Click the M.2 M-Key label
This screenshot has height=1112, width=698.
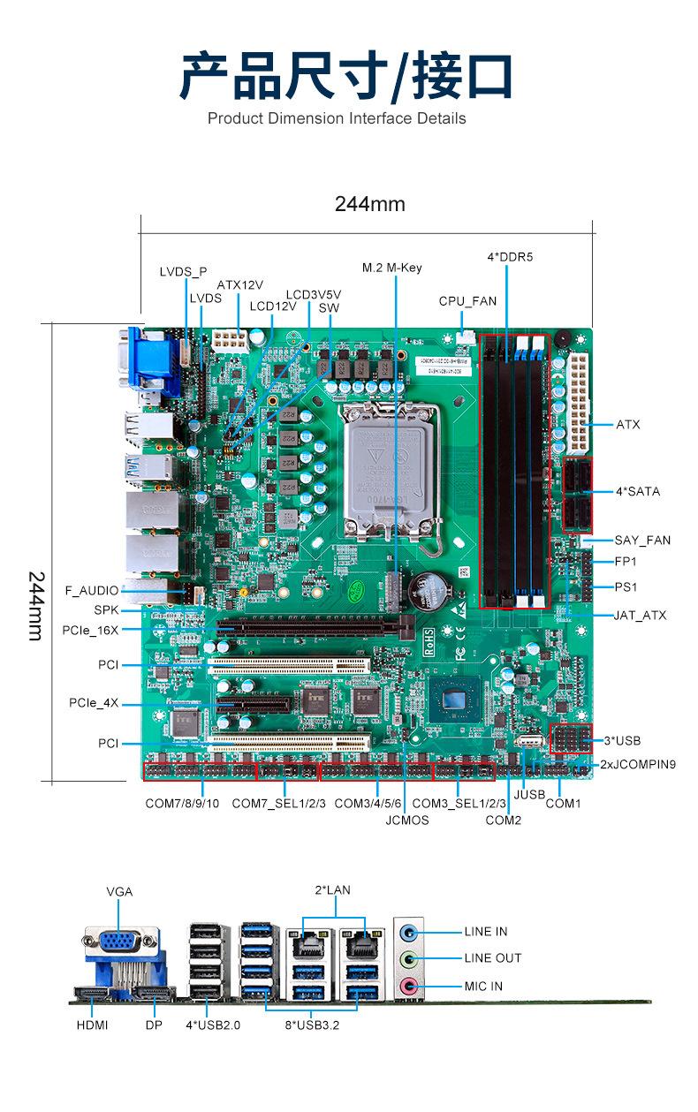391,269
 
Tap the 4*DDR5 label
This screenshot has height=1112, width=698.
510,257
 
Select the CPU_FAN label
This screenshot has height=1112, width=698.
467,301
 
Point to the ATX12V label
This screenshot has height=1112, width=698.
239,285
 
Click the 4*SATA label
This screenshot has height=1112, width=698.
638,491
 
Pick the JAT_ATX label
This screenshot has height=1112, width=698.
640,616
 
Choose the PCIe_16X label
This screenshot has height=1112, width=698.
90,631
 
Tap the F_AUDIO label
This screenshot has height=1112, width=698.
92,591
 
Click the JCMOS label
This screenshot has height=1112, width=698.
407,821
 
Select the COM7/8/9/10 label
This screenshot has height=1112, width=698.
182,804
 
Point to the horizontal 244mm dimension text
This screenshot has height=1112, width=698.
370,204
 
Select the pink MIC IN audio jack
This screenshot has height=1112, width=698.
409,986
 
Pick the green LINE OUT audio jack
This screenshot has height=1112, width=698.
409,958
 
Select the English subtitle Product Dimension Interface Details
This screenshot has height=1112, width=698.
337,118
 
